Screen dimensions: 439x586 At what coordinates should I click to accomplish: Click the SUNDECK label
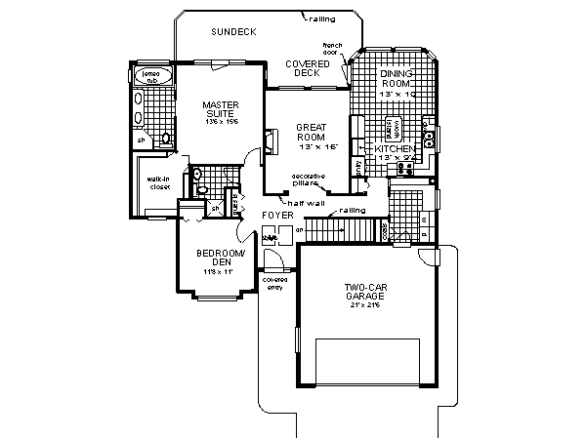coord(232,32)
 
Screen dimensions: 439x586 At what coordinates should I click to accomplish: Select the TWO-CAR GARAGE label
coord(366,293)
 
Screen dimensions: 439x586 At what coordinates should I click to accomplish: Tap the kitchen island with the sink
coord(398,127)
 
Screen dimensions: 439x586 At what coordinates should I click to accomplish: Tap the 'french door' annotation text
coord(333,49)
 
